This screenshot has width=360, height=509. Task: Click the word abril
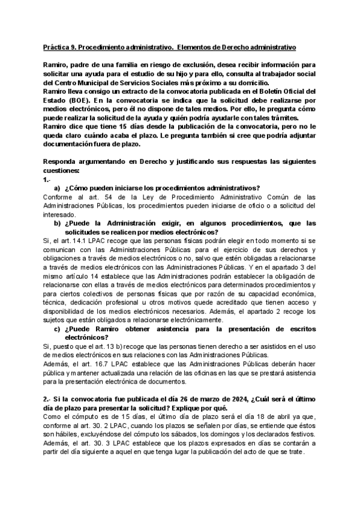pos(256,417)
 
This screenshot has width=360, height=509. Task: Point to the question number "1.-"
pos(47,179)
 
